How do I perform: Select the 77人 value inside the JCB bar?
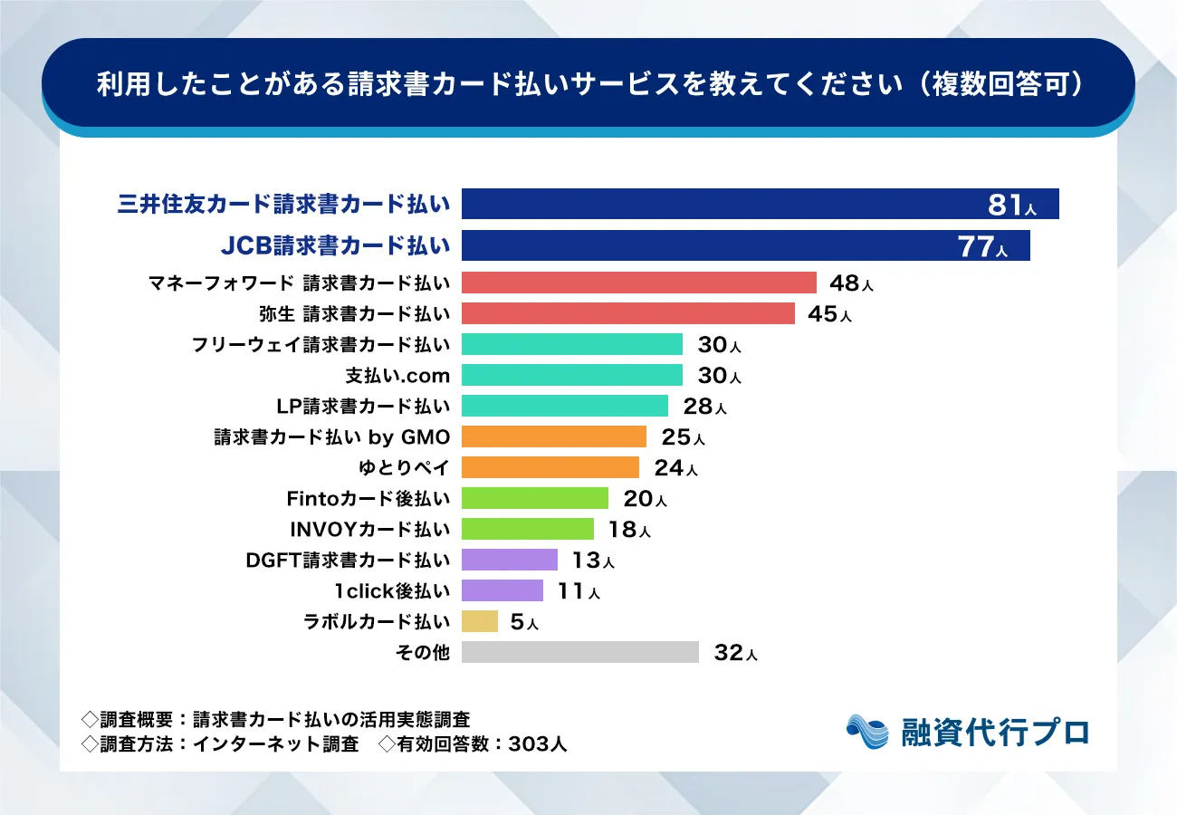[x=982, y=246]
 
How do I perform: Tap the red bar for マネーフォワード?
[x=638, y=283]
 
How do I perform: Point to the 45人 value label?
[x=828, y=314]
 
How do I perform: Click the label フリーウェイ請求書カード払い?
[x=321, y=345]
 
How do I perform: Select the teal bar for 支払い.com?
[x=571, y=375]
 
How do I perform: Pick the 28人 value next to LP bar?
[x=704, y=407]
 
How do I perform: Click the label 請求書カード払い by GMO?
[x=331, y=437]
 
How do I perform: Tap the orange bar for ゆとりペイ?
[x=550, y=467]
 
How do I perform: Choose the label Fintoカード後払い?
[x=368, y=499]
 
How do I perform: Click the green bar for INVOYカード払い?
[x=527, y=529]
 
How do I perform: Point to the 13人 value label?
[x=592, y=561]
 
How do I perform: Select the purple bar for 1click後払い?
[x=502, y=590]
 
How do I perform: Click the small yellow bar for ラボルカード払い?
[x=479, y=621]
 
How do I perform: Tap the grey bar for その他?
[x=579, y=652]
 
